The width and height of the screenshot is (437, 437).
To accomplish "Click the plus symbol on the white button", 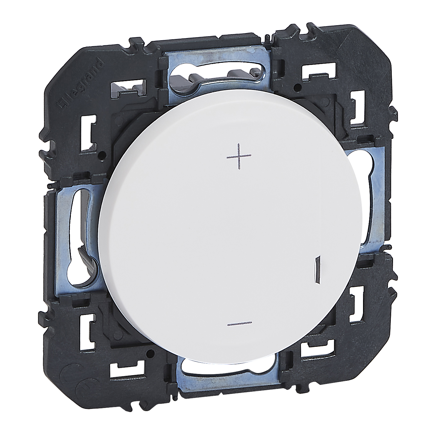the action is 239,157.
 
